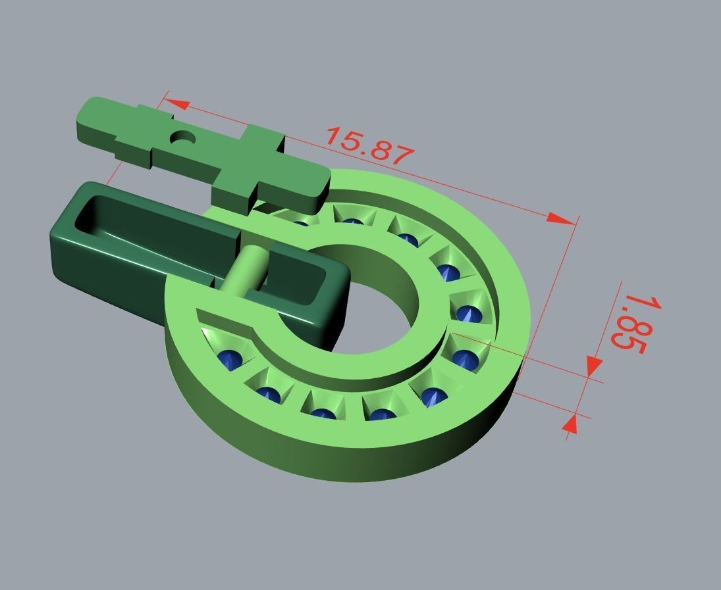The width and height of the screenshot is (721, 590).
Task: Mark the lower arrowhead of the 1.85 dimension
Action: tap(571, 424)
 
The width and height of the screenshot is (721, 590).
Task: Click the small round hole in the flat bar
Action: tap(182, 138)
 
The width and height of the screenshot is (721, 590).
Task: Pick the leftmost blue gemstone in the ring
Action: tap(230, 359)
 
